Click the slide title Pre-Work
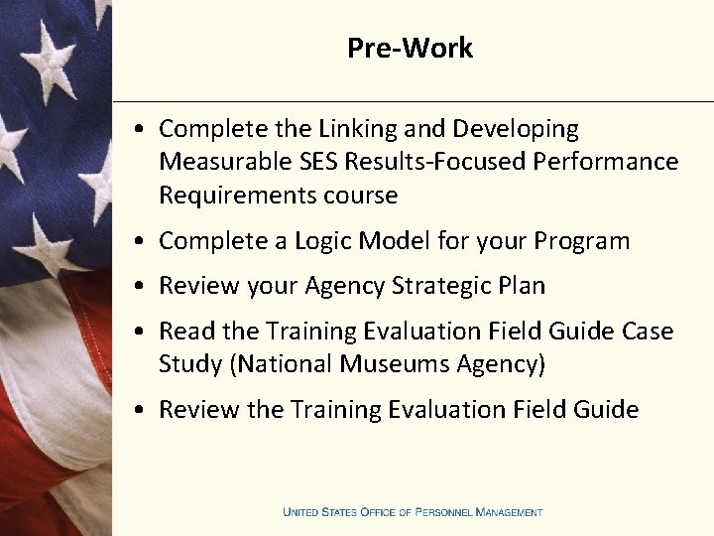410,48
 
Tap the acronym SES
311,162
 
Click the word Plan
524,286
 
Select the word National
282,364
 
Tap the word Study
190,364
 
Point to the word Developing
516,129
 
